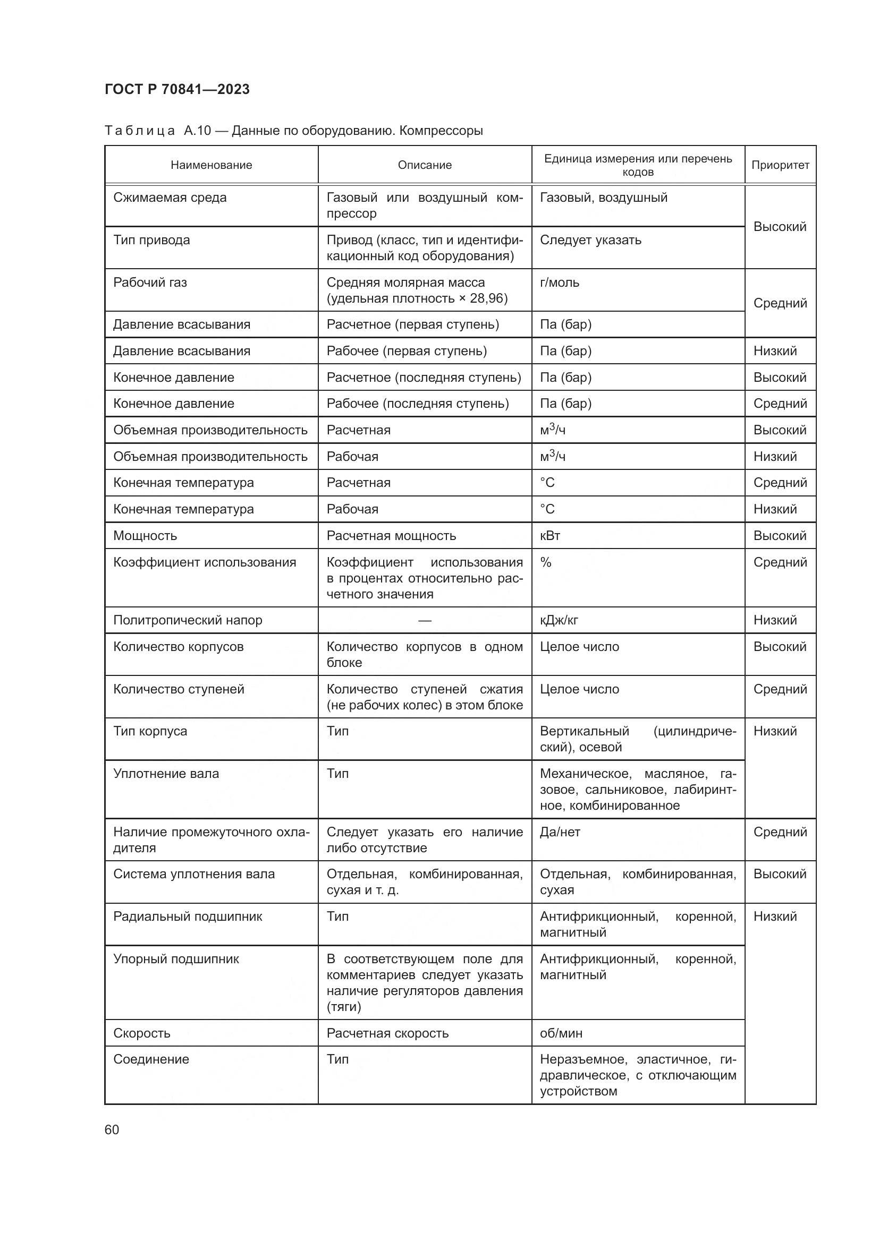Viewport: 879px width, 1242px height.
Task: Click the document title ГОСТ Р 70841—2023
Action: point(177,89)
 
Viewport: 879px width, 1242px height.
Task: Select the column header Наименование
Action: point(211,165)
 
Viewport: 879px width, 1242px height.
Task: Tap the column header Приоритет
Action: point(780,165)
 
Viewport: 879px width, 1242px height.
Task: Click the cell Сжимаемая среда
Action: point(170,198)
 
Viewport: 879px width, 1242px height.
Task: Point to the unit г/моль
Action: point(559,282)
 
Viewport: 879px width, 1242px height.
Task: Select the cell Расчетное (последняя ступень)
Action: point(424,378)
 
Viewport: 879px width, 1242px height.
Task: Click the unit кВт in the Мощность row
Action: point(550,536)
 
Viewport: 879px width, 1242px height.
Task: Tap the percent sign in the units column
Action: point(546,562)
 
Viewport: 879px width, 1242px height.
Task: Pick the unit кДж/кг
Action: point(559,620)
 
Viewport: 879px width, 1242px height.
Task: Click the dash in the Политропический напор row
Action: point(425,620)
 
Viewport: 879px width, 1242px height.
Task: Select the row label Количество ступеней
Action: point(179,689)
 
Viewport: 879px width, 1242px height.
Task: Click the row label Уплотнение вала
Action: point(166,774)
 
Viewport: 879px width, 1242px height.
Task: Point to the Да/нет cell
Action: point(560,832)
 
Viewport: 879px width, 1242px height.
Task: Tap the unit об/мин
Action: point(561,1033)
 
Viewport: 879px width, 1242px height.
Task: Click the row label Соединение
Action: point(151,1059)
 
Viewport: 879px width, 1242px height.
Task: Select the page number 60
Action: point(112,1130)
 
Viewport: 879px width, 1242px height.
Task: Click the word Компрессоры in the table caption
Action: point(441,131)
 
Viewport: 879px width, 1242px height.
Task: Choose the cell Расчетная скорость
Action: point(387,1033)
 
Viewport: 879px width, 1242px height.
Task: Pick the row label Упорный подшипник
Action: point(176,959)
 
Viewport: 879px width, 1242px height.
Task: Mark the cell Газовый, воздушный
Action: point(604,198)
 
